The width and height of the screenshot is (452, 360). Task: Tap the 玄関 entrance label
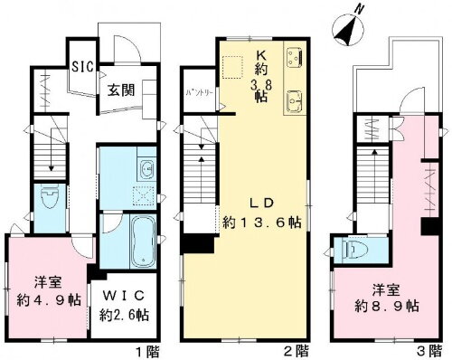(123, 90)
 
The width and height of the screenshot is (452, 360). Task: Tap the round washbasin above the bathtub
(146, 169)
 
